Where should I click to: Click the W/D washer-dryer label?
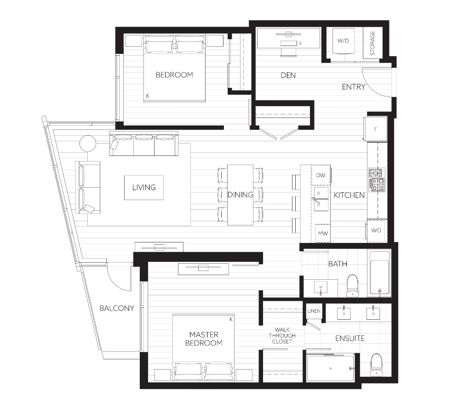pos(343,40)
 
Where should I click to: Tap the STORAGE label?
pos(372,43)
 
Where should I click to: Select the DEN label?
pos(288,75)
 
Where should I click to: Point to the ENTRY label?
pos(353,86)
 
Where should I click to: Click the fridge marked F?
pos(376,129)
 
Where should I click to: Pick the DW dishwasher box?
pos(321,175)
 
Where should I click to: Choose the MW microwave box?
pos(322,233)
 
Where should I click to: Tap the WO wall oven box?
pos(376,230)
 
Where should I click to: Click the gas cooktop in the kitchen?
pos(377,179)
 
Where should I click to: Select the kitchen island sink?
pos(321,199)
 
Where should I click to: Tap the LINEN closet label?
pos(314,311)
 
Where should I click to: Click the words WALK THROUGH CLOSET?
pos(282,335)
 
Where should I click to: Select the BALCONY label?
pos(117,308)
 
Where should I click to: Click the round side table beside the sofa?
pos(88,144)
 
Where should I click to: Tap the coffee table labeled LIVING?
pos(144,188)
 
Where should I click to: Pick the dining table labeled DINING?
pos(241,195)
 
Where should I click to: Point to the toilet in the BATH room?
pos(352,285)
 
